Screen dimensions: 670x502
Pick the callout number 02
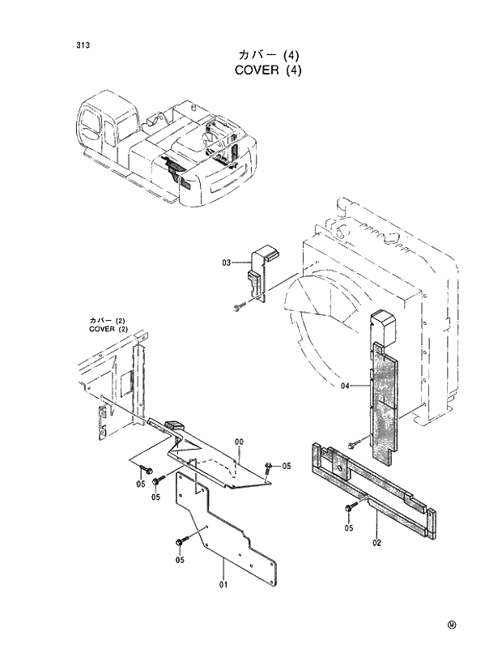pos(376,543)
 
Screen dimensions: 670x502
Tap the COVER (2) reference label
pos(108,329)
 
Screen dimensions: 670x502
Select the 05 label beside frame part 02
pos(348,528)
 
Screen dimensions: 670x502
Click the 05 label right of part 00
pos(286,467)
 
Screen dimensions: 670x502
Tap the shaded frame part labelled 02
pos(372,486)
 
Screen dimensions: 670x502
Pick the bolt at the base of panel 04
pos(354,444)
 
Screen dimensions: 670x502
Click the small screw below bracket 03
pos(236,306)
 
